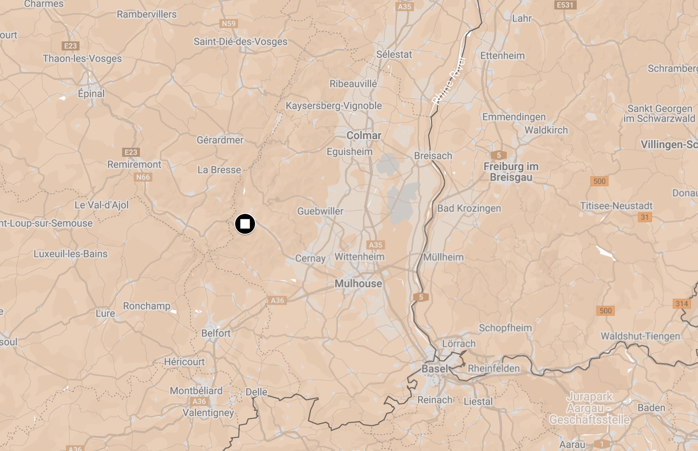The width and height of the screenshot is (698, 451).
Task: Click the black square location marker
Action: click(245, 224)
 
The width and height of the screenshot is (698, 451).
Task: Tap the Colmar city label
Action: click(363, 136)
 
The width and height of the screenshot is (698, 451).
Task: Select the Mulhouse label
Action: click(358, 284)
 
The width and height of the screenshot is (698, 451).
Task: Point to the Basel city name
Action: click(435, 369)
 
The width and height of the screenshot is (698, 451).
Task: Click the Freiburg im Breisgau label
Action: click(511, 172)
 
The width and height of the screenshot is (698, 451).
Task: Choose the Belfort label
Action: click(216, 333)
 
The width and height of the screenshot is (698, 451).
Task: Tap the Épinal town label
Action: click(91, 94)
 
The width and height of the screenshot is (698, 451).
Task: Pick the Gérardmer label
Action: click(220, 140)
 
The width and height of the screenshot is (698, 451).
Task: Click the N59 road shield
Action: click(229, 24)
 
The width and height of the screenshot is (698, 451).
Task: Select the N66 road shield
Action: click(143, 177)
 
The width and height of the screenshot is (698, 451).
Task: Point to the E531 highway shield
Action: click(565, 5)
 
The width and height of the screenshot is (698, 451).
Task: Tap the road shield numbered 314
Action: click(682, 304)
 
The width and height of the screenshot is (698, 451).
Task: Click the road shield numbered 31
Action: click(645, 217)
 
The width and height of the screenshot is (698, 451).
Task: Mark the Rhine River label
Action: click(449, 81)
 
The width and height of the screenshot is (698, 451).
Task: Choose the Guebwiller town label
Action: click(320, 211)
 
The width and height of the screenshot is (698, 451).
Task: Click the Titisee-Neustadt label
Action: click(616, 206)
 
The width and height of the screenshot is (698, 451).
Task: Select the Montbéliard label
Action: click(196, 391)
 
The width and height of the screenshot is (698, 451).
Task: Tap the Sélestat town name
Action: click(394, 55)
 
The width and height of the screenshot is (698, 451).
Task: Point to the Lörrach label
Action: click(459, 343)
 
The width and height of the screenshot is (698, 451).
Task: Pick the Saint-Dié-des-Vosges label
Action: click(241, 41)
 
